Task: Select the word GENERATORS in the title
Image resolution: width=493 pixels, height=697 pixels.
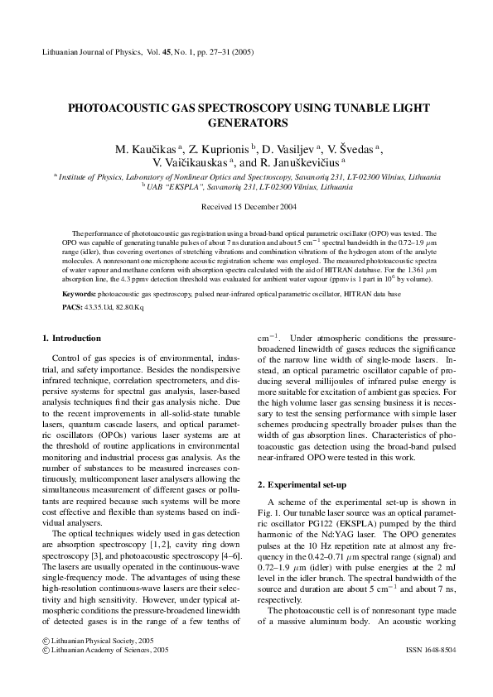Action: coord(246,123)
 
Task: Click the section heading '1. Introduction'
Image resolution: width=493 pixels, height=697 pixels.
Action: coord(71,339)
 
